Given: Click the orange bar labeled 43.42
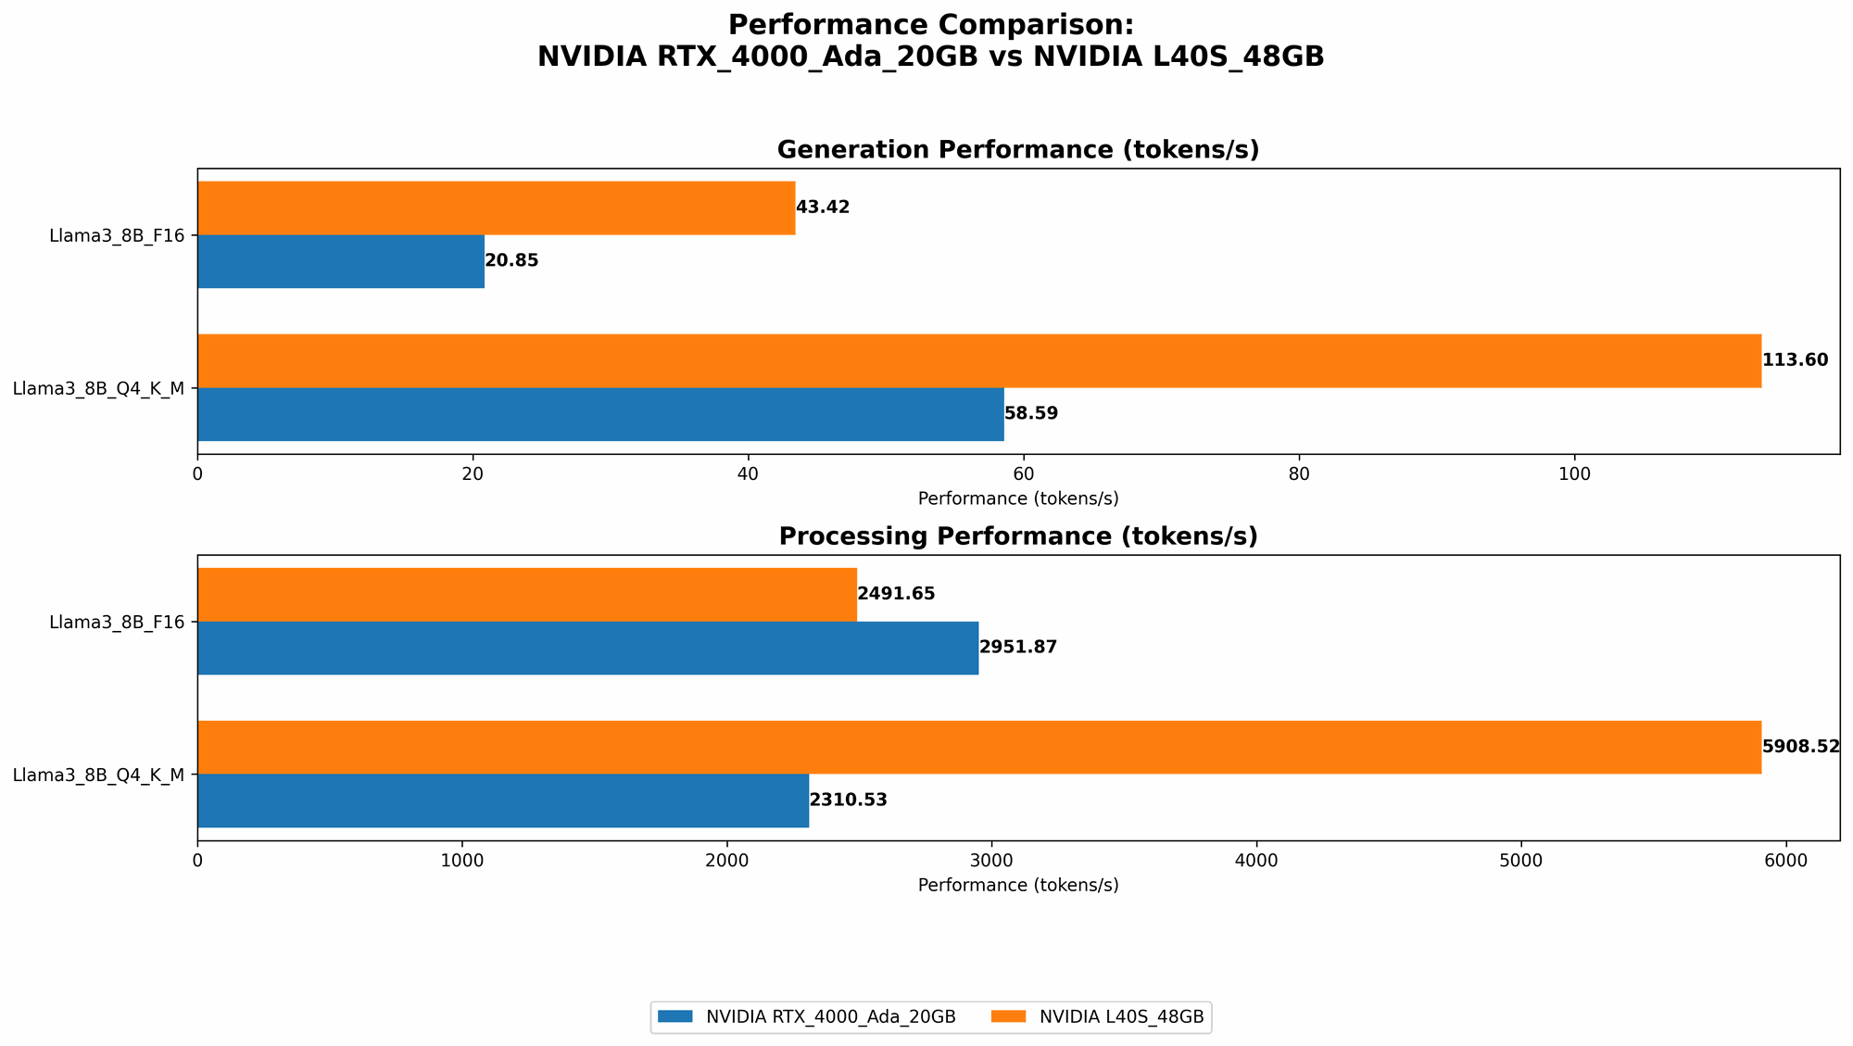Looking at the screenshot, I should pos(496,208).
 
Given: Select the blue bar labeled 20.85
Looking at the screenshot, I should pos(340,261).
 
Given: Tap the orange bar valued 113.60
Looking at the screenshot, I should pos(978,360).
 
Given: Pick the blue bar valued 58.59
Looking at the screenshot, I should pos(600,414).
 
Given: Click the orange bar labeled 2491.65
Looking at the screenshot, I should pos(526,594).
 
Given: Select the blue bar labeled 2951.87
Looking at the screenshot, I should pos(587,648).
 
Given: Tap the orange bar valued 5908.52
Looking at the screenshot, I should pos(978,747).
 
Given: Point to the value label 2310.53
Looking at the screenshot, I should pos(849,800).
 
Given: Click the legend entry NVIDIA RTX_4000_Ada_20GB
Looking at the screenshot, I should pos(807,1017).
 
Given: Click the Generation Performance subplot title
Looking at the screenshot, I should pos(1017,150).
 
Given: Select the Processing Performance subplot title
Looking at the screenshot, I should pos(1017,536).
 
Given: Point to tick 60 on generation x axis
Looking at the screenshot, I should pos(1023,474).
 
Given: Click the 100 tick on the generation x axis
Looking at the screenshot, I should pos(1574,474).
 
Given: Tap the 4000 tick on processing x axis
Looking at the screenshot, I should pos(1256,861).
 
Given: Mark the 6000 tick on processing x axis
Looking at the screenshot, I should pos(1786,861).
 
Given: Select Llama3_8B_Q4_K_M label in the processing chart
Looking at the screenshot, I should pos(98,775).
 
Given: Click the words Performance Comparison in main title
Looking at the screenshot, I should pos(930,25).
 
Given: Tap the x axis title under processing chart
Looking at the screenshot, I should pos(1017,885).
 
